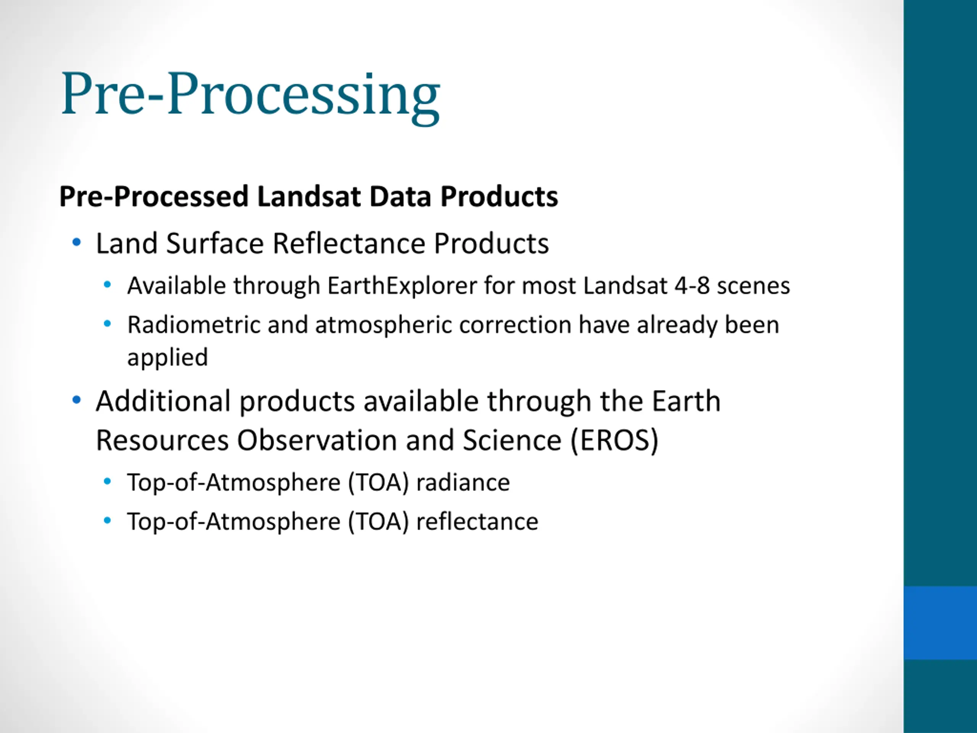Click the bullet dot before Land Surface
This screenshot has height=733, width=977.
[x=76, y=242]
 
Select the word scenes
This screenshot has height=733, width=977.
[x=753, y=286]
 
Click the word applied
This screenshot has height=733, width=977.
[x=168, y=358]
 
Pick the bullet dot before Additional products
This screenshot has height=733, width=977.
[x=76, y=400]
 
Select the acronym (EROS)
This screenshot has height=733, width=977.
[x=614, y=441]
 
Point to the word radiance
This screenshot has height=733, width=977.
[x=463, y=482]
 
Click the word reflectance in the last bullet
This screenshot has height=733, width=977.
[x=477, y=521]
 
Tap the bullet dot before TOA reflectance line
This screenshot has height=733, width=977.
[x=107, y=520]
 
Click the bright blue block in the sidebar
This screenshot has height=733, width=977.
[x=940, y=623]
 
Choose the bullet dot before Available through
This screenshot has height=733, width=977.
[x=107, y=285]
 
